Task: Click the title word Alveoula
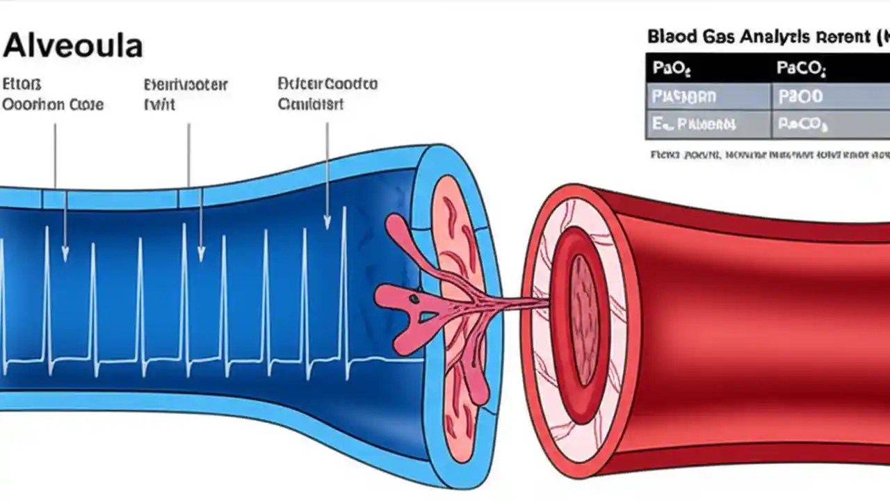(x=72, y=47)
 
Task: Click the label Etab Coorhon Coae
(x=53, y=95)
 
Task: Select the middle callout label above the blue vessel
(x=185, y=95)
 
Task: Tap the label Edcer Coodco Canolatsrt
(x=327, y=94)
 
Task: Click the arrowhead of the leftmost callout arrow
(x=65, y=256)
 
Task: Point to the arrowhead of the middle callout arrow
(x=201, y=256)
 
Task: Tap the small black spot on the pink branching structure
(x=414, y=299)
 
